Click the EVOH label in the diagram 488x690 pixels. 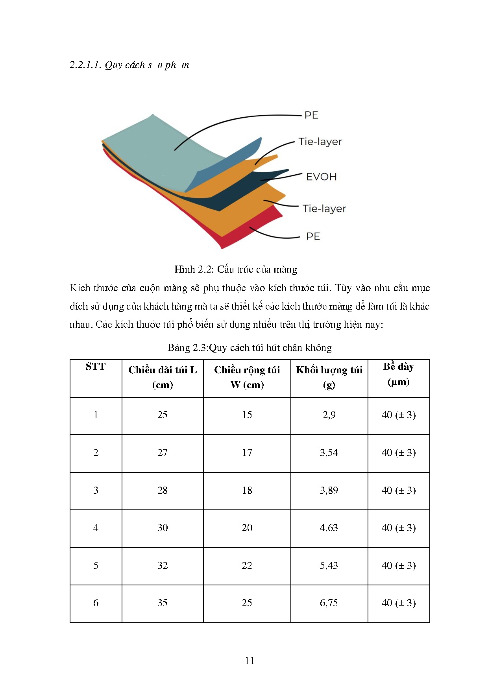321,177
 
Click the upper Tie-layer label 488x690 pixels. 320,142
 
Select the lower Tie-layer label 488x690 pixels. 324,208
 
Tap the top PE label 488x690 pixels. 311,115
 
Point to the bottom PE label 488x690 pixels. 313,236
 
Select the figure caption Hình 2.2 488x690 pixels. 235,269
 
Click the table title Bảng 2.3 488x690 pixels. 250,348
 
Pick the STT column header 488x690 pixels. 96,367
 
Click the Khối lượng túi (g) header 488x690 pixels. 329,377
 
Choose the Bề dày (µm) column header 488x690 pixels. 398,374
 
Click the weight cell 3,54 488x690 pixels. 329,453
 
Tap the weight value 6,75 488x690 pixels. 329,603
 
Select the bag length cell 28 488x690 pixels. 163,491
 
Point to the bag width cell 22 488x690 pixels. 247,566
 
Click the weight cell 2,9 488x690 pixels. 329,415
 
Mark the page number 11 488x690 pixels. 250,660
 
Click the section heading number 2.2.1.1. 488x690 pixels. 85,65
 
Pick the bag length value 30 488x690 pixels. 163,528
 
